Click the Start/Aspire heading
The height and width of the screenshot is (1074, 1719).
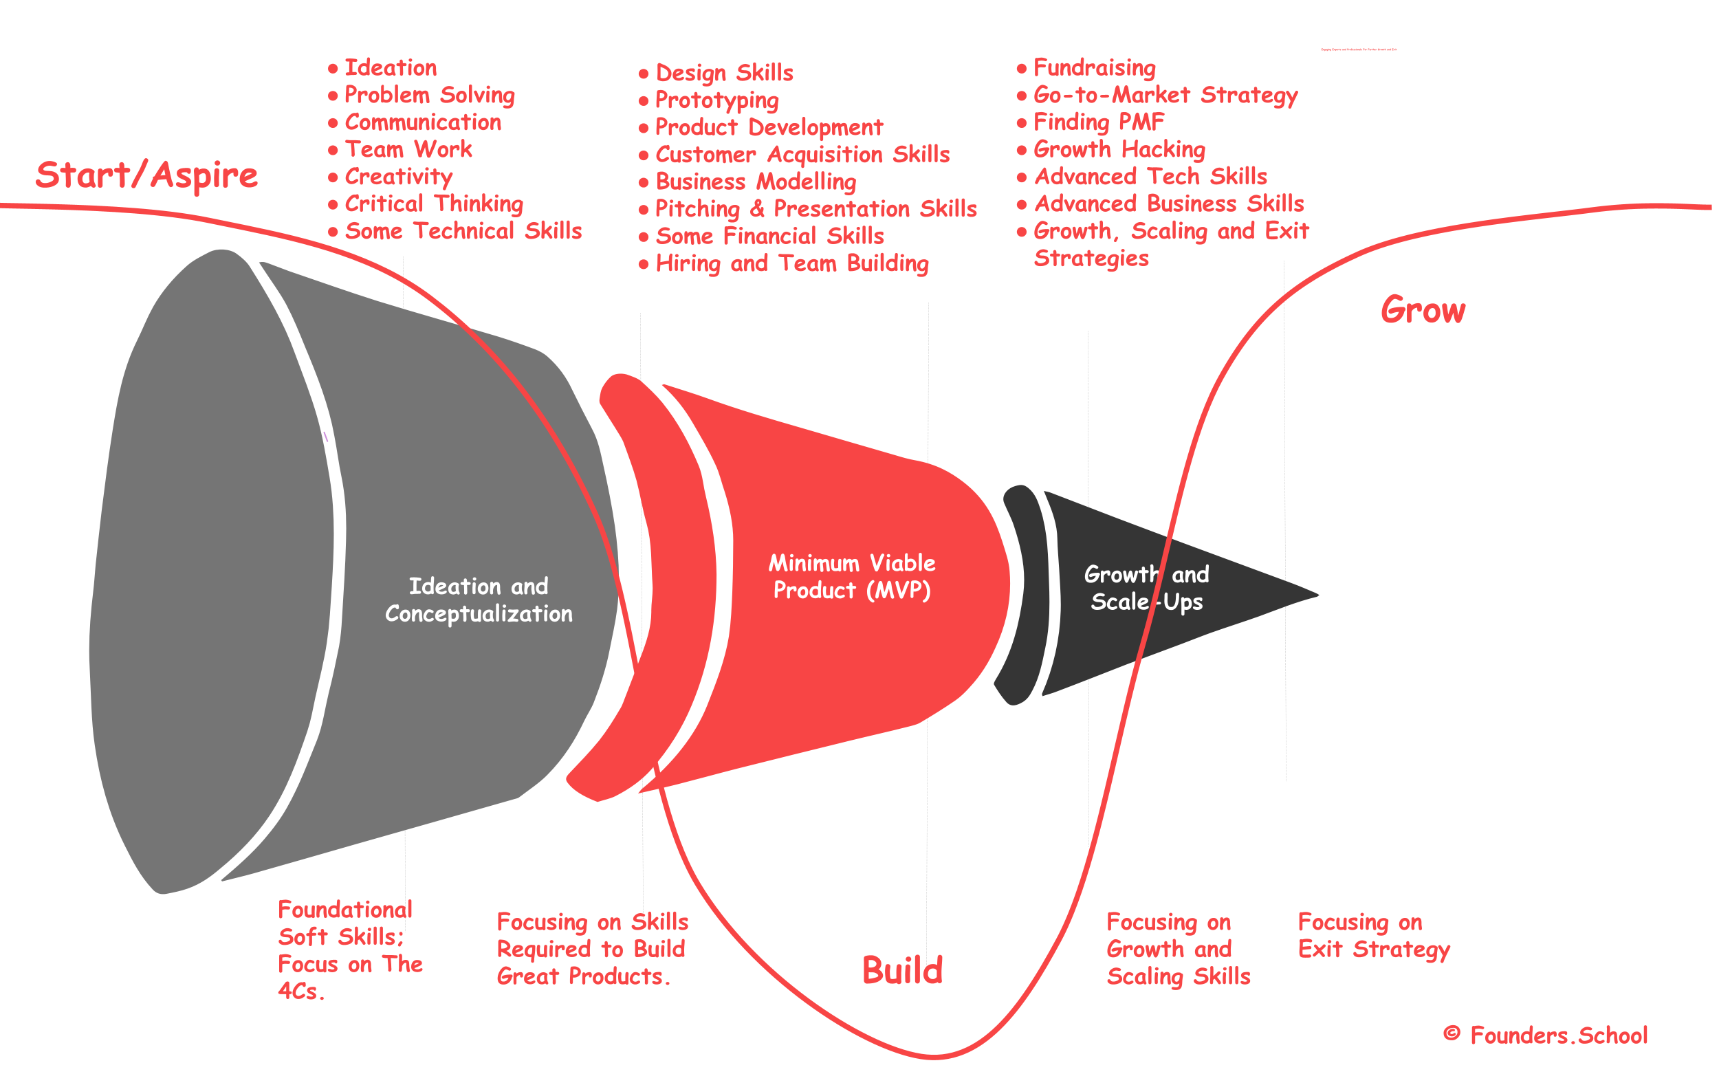pyautogui.click(x=146, y=175)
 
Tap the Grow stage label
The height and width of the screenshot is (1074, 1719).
pyautogui.click(x=1423, y=310)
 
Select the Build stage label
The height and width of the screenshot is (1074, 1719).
pyautogui.click(x=902, y=970)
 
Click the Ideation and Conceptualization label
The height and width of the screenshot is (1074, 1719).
pyautogui.click(x=479, y=600)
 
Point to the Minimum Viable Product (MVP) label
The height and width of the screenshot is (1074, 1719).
pyautogui.click(x=852, y=576)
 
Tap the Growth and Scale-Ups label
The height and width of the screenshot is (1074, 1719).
pyautogui.click(x=1146, y=587)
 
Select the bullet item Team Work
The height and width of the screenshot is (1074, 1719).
pyautogui.click(x=408, y=149)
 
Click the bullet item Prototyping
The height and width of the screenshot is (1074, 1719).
pyautogui.click(x=716, y=100)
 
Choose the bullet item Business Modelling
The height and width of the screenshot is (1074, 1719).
pyautogui.click(x=755, y=182)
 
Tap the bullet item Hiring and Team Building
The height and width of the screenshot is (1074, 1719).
pyautogui.click(x=791, y=263)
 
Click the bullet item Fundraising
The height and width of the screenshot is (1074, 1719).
pyautogui.click(x=1094, y=67)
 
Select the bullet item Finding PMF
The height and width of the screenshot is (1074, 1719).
pyautogui.click(x=1098, y=122)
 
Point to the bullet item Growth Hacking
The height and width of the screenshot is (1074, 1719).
pyautogui.click(x=1119, y=149)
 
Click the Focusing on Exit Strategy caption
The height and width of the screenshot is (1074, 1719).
pyautogui.click(x=1373, y=936)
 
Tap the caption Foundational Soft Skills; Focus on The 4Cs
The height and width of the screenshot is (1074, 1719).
pyautogui.click(x=349, y=950)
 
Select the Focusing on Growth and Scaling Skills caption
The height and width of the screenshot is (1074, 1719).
pyautogui.click(x=1178, y=949)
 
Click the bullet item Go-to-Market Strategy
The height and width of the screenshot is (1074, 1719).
pyautogui.click(x=1165, y=94)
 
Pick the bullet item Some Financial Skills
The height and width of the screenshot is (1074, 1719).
pyautogui.click(x=769, y=236)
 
